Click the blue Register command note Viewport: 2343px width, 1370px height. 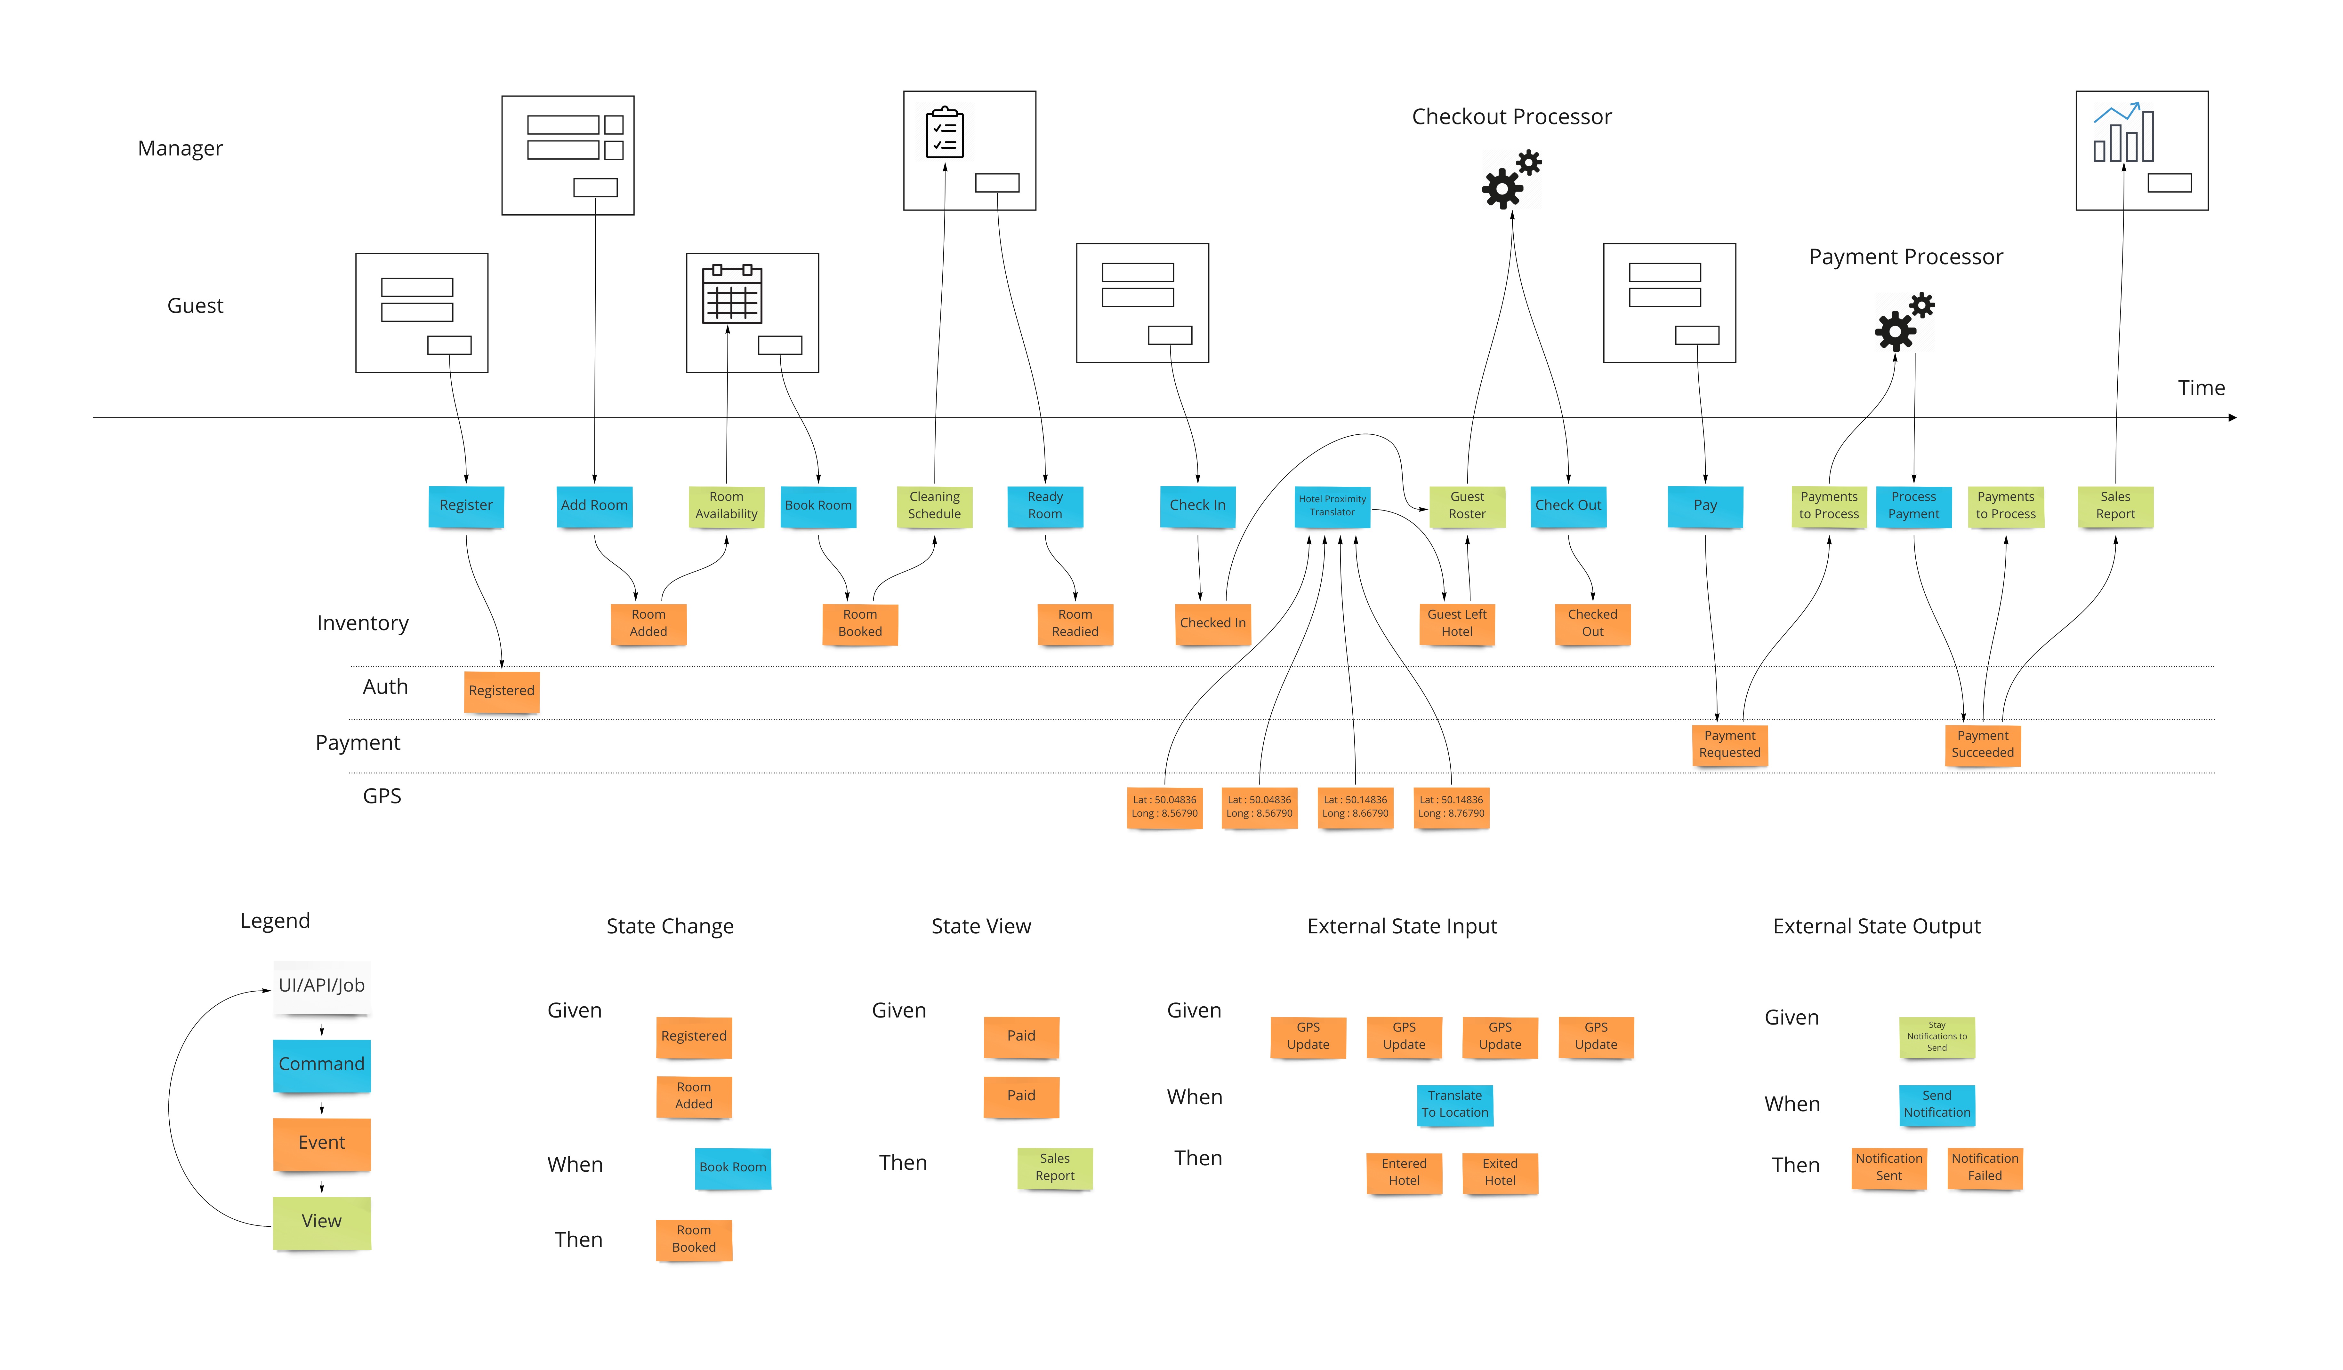coord(466,506)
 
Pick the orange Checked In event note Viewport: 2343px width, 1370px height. coord(1212,623)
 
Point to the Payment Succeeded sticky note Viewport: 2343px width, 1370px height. coord(1982,744)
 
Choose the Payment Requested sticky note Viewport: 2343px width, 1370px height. coord(1729,744)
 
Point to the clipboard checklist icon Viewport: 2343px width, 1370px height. coord(945,133)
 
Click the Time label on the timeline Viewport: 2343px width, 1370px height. coord(2201,389)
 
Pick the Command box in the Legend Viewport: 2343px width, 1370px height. coord(322,1064)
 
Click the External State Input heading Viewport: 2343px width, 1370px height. coord(1401,927)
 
